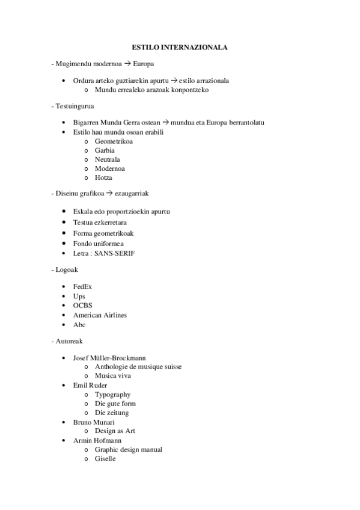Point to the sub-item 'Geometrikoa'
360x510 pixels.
[114, 141]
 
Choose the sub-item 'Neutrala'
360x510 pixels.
[107, 159]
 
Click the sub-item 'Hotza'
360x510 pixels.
[103, 177]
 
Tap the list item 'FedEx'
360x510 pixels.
[82, 287]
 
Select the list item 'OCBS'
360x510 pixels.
[83, 306]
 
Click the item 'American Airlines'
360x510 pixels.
[100, 315]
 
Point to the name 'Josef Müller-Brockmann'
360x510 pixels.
[109, 358]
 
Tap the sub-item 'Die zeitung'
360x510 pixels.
[112, 413]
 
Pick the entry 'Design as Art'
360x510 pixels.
[115, 431]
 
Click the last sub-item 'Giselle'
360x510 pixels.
[105, 459]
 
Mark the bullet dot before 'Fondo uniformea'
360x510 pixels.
[64, 244]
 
